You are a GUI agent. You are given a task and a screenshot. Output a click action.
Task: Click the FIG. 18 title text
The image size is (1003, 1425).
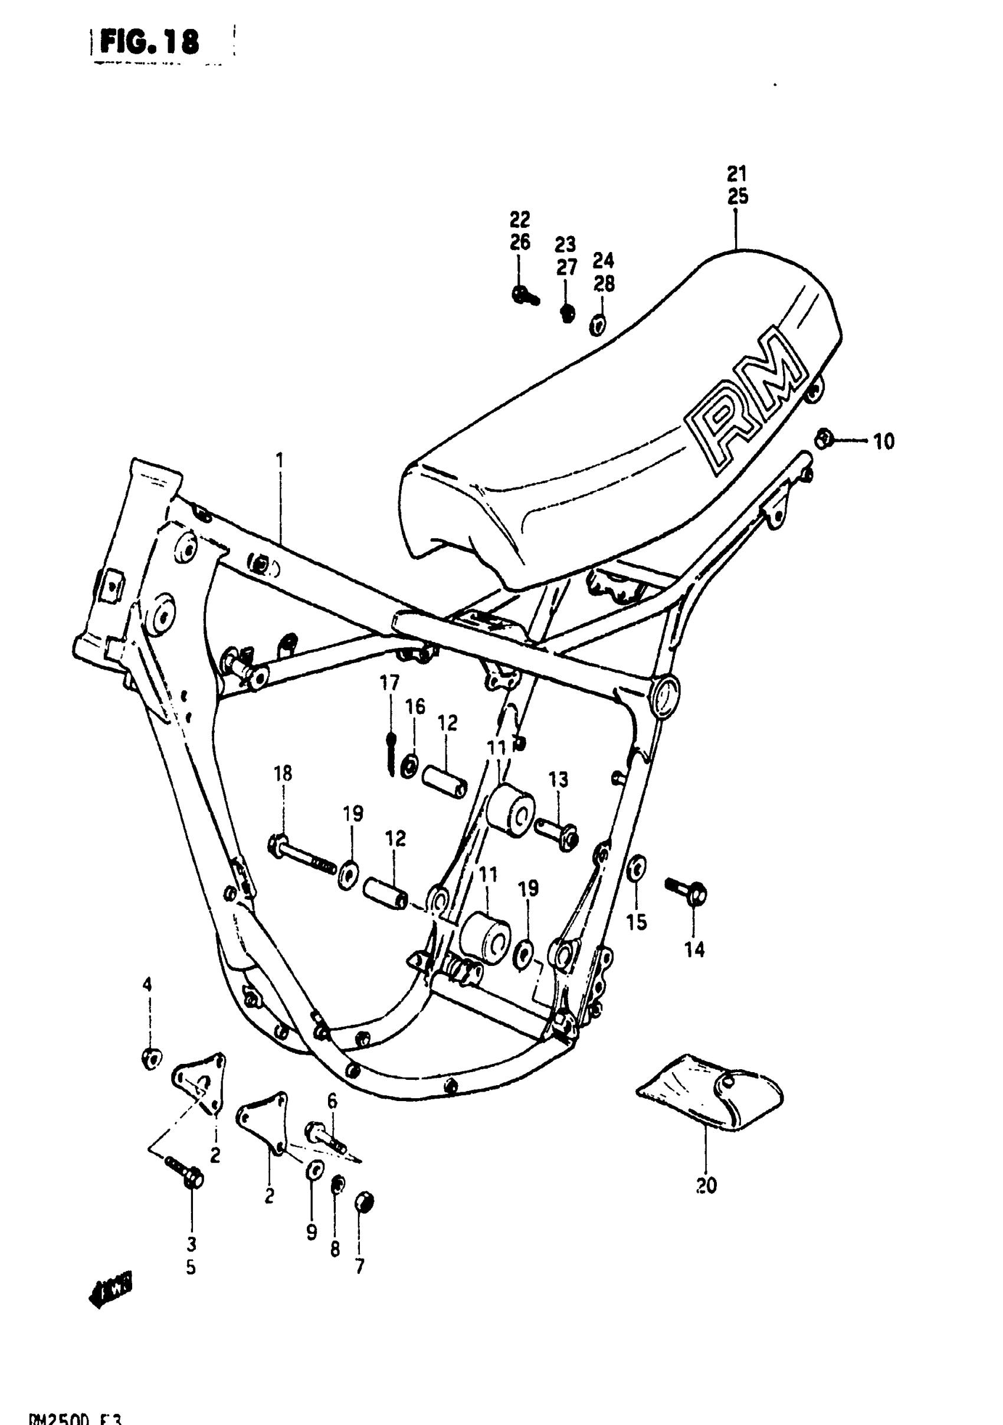(x=149, y=42)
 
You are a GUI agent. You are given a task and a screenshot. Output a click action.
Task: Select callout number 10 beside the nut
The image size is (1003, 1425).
(x=883, y=441)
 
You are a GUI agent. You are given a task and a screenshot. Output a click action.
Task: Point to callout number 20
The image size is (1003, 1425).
(x=706, y=1185)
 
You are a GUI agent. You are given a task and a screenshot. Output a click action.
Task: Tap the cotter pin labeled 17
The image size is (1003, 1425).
(x=391, y=752)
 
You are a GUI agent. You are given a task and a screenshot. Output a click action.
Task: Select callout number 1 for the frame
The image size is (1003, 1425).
(x=279, y=460)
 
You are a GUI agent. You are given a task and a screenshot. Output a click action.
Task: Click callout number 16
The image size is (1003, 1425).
(x=415, y=706)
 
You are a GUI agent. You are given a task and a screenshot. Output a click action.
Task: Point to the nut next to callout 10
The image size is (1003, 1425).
(x=824, y=440)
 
